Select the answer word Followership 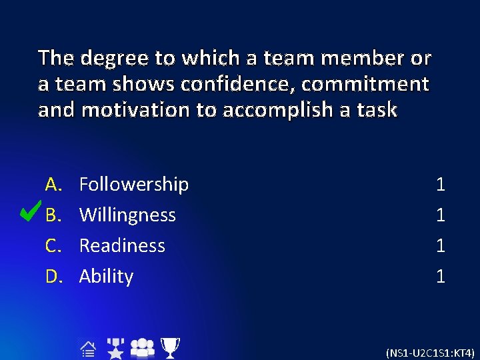pyautogui.click(x=133, y=184)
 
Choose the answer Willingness pyautogui.click(x=127, y=215)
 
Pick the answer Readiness pyautogui.click(x=122, y=245)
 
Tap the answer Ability pyautogui.click(x=106, y=276)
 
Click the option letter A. pyautogui.click(x=53, y=184)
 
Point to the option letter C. pyautogui.click(x=53, y=245)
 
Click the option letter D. pyautogui.click(x=53, y=276)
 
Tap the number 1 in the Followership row pyautogui.click(x=440, y=184)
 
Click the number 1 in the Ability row pyautogui.click(x=440, y=276)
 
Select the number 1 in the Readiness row pyautogui.click(x=440, y=245)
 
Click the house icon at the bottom pyautogui.click(x=89, y=347)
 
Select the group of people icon pyautogui.click(x=142, y=347)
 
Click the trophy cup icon pyautogui.click(x=171, y=347)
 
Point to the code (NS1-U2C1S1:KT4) pyautogui.click(x=430, y=353)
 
